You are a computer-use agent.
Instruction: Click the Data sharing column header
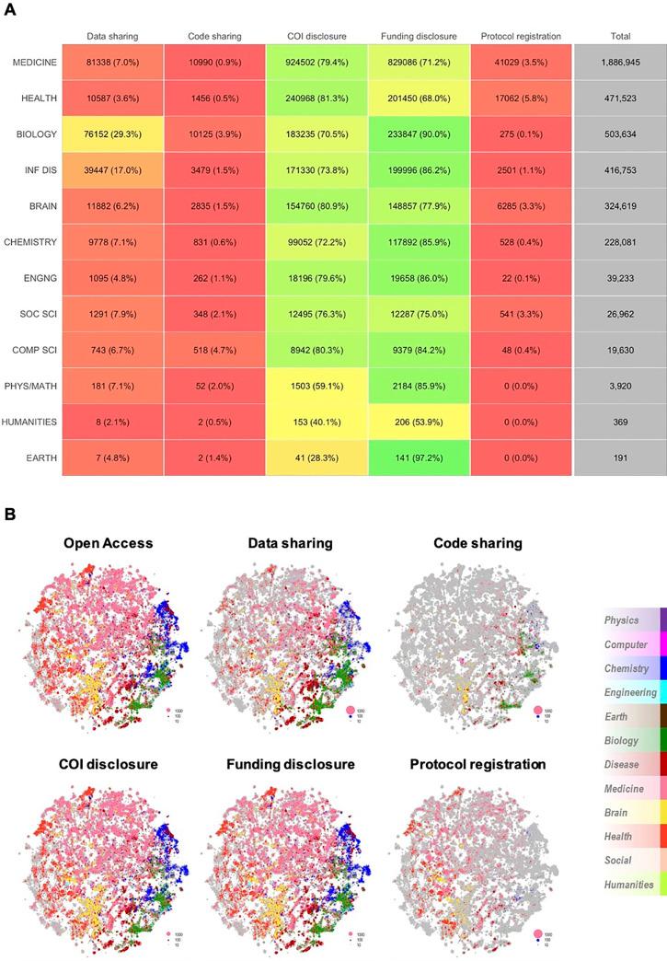click(x=112, y=37)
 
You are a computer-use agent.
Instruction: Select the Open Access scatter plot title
click(x=108, y=543)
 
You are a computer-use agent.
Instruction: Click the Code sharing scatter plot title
click(x=477, y=543)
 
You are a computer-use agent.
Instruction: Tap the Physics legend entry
click(x=622, y=620)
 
